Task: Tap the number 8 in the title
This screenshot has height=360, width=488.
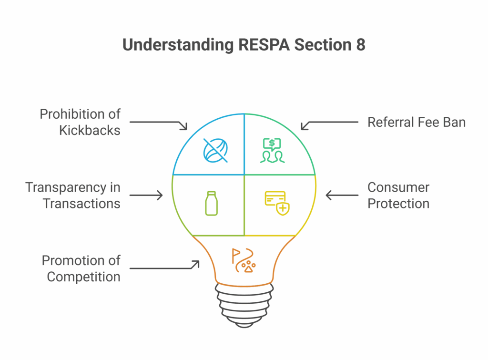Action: coord(361,44)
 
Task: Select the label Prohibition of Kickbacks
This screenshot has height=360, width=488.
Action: coord(80,122)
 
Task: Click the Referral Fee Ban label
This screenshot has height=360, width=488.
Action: coord(417,122)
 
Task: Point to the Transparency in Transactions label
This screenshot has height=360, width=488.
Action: coord(72,195)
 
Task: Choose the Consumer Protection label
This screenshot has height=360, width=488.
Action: coord(398,195)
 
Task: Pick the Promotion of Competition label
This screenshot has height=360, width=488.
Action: coord(81,268)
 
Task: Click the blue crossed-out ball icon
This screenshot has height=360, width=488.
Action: coord(215,150)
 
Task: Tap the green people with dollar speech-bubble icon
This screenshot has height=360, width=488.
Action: coord(272,150)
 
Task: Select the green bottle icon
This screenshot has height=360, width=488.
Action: coord(211,203)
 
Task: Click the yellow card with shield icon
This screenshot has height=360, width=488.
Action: coord(277,203)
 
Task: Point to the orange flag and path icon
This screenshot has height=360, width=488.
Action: coord(244,260)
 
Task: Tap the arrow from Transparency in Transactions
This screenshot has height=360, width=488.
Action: coord(146,195)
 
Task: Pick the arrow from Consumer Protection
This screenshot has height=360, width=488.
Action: coord(342,195)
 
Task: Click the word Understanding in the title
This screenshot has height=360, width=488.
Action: coord(178,45)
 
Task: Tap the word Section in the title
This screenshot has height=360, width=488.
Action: coord(323,44)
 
